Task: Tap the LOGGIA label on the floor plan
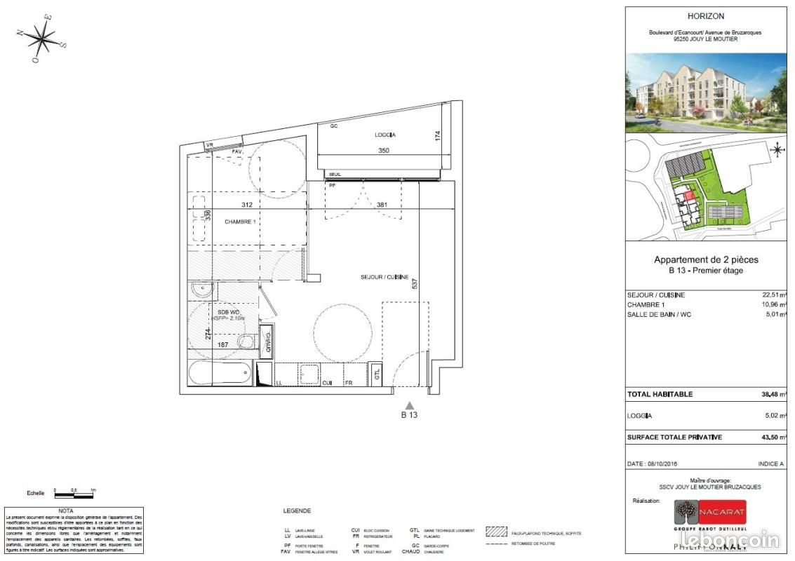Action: point(384,134)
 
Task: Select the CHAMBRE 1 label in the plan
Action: point(239,222)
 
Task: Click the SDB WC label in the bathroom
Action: point(229,311)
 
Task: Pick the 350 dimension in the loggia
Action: point(383,150)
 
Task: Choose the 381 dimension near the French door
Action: point(382,205)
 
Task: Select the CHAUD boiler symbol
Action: point(267,342)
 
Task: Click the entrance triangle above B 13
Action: point(410,405)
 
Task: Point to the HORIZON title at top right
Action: point(706,16)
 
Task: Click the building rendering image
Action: point(706,93)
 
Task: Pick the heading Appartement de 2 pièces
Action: point(706,259)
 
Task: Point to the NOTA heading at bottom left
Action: point(65,511)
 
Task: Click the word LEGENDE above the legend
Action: point(297,511)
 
